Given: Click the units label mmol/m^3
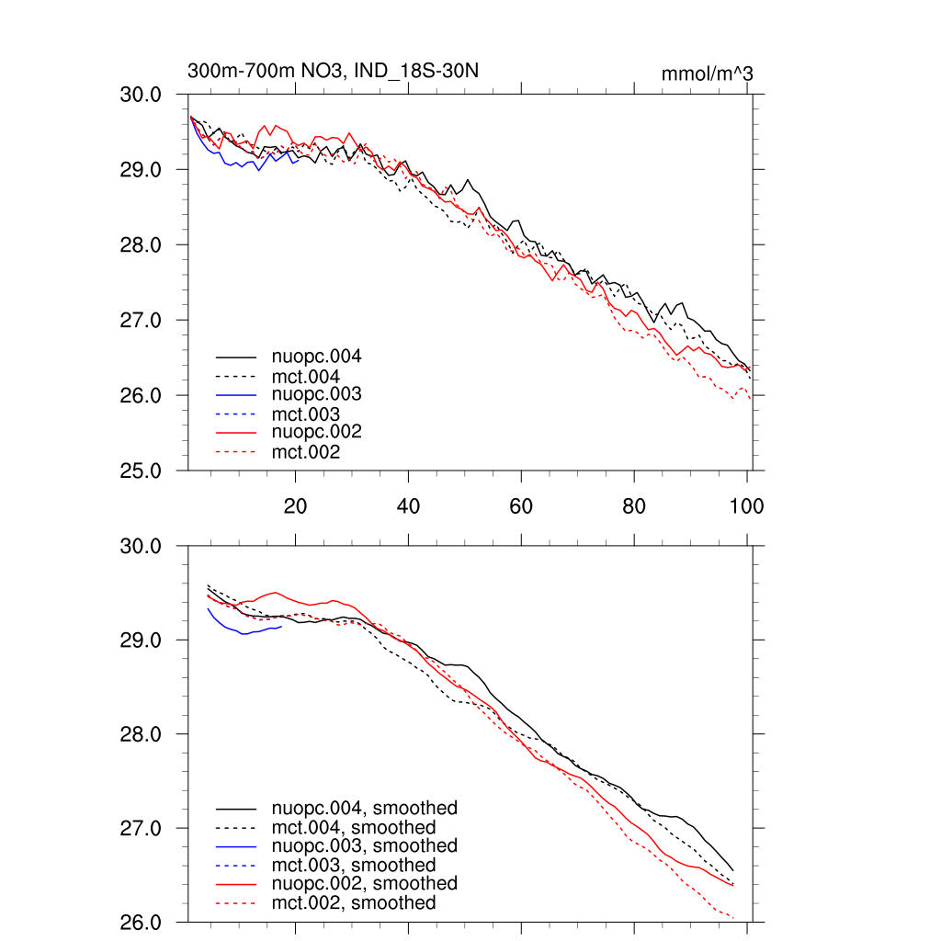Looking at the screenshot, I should [707, 73].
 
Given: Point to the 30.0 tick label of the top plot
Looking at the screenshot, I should [142, 95].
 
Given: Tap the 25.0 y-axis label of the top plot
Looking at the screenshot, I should [142, 471].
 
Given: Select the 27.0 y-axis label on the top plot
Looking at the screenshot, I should [142, 321].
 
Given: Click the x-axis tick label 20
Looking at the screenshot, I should [295, 506].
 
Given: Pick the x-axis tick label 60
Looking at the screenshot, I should [521, 506].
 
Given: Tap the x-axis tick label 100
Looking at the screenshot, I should [745, 506].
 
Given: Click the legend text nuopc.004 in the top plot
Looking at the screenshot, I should [316, 357].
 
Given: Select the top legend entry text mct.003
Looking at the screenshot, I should [306, 414].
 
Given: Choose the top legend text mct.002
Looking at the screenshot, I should [306, 452].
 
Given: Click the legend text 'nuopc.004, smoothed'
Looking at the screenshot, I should [364, 809].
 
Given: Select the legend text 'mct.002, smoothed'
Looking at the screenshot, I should [354, 903].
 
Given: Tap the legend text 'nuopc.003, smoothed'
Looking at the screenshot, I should [364, 846].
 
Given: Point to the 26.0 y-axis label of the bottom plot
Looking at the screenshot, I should [142, 923].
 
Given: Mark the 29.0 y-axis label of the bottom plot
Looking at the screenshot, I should [142, 641].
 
